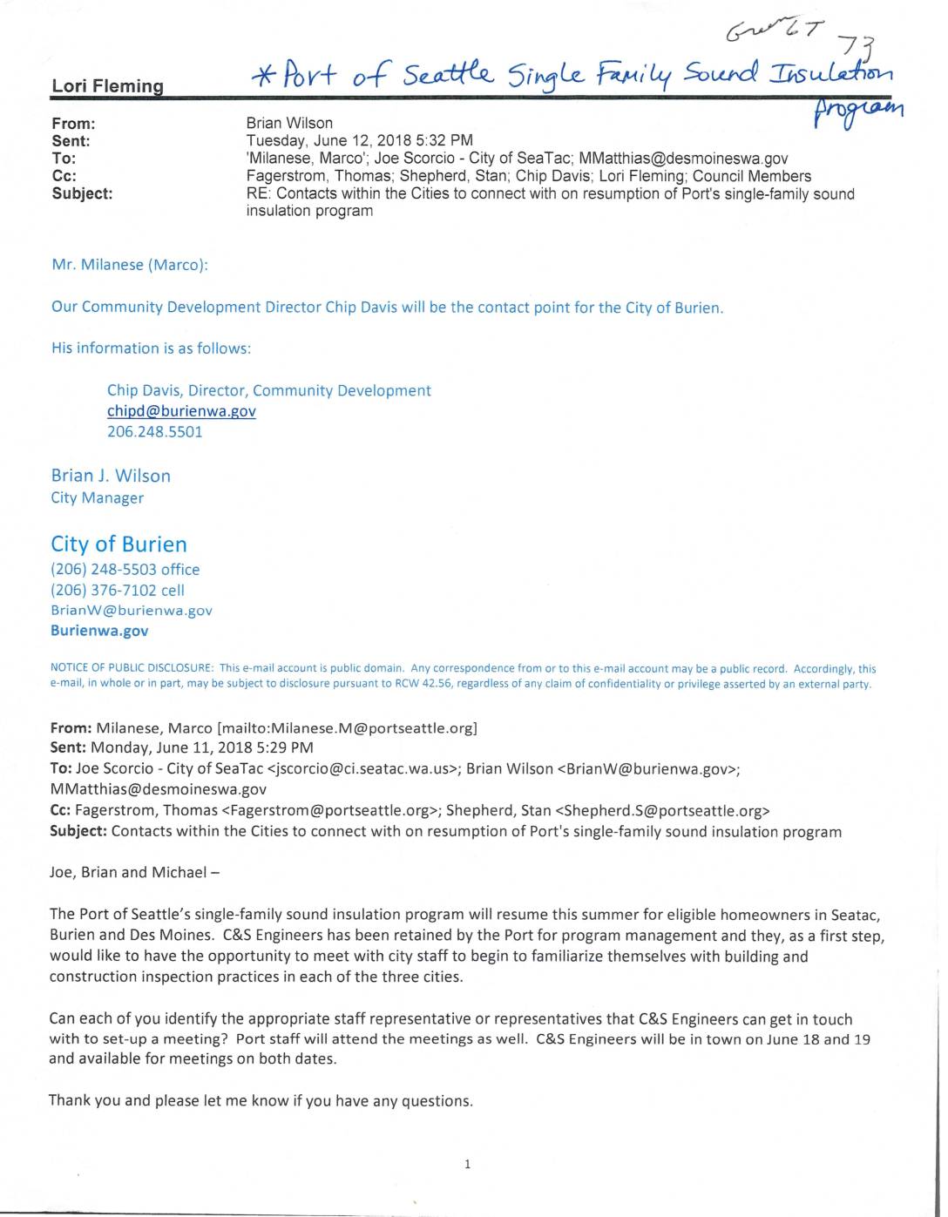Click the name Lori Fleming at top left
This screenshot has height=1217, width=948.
tap(107, 86)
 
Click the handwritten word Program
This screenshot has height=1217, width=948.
tap(859, 112)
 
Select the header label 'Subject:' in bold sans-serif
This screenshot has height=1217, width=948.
tap(82, 194)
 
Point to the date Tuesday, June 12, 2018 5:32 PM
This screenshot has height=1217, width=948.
tap(360, 141)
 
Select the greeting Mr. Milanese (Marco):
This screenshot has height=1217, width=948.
tap(130, 265)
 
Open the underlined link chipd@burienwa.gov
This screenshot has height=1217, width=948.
tap(181, 411)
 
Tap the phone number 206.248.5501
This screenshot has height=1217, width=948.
tap(154, 432)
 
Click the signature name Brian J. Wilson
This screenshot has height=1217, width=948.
tap(111, 476)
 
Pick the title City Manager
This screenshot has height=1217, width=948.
tap(97, 498)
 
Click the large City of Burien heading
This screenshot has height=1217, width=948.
tap(118, 544)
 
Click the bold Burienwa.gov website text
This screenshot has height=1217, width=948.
tap(99, 631)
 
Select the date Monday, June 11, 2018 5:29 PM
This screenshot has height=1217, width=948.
tap(202, 747)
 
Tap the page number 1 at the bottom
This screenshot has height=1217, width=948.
tap(468, 1164)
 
